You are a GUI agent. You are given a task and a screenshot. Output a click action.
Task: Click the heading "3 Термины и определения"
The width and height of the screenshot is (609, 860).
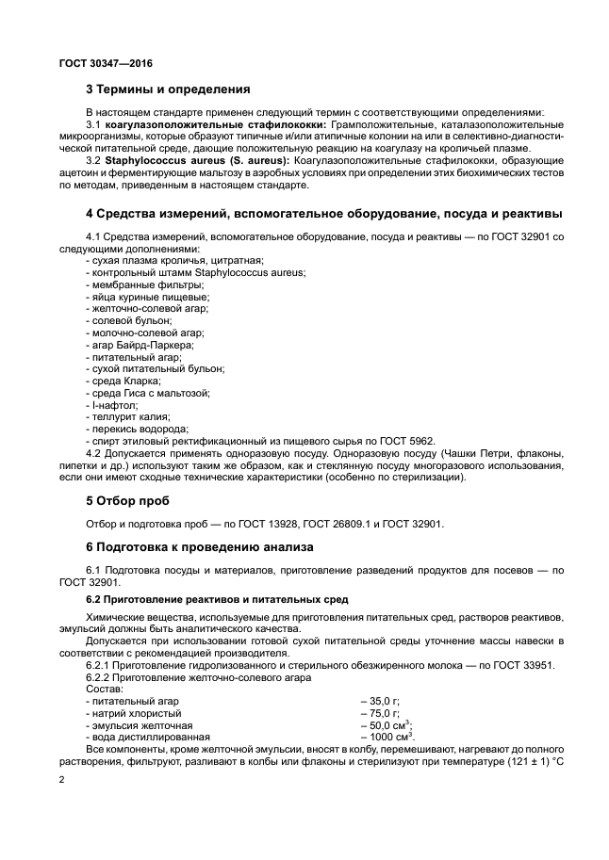(x=168, y=90)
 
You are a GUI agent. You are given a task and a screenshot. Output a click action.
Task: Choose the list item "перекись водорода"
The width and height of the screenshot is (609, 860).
(x=126, y=430)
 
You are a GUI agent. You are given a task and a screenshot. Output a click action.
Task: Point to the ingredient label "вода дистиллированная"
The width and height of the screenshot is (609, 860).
(x=138, y=738)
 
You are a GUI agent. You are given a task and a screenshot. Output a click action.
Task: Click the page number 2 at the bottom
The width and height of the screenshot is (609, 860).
(x=61, y=781)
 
